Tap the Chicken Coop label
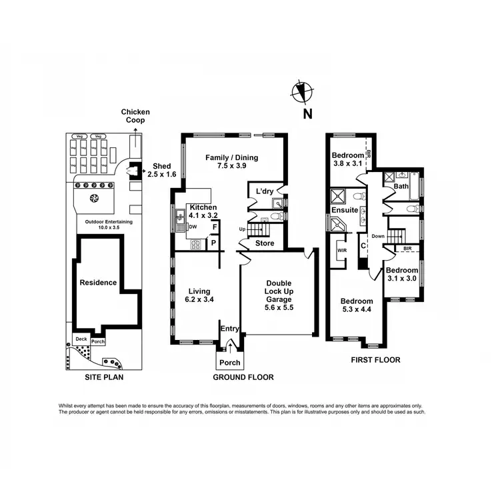(135, 116)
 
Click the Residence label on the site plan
(98, 283)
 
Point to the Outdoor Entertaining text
(104, 224)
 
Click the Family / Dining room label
(231, 162)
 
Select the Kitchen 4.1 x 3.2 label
(201, 211)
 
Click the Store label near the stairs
(265, 243)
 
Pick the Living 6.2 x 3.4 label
(199, 295)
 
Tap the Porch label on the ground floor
(230, 363)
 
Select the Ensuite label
(345, 211)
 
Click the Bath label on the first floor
(401, 187)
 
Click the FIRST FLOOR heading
(375, 360)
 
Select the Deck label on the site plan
(81, 339)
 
